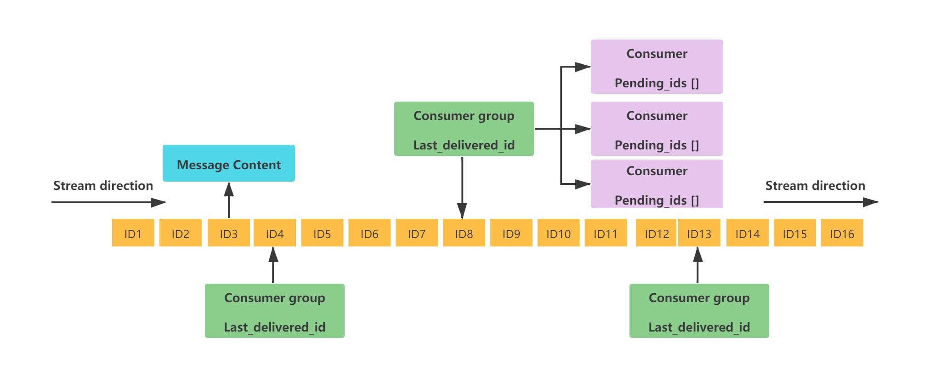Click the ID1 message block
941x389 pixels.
pyautogui.click(x=133, y=233)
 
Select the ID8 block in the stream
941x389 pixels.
pyautogui.click(x=464, y=233)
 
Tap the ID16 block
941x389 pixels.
pyautogui.click(x=842, y=233)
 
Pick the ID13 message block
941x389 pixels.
pyautogui.click(x=699, y=233)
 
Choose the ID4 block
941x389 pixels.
pyautogui.click(x=274, y=233)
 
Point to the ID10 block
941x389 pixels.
pyautogui.click(x=558, y=233)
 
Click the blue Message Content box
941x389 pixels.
pyautogui.click(x=229, y=163)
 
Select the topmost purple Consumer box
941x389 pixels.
pyautogui.click(x=657, y=67)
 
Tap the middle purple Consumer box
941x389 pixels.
pyautogui.click(x=657, y=129)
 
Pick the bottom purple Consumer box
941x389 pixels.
pyautogui.click(x=657, y=184)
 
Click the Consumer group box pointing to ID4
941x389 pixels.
pyautogui.click(x=275, y=311)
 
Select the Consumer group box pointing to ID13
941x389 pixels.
pyautogui.click(x=699, y=311)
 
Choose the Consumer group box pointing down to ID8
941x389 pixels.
pyautogui.click(x=464, y=129)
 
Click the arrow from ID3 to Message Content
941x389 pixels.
pyautogui.click(x=229, y=200)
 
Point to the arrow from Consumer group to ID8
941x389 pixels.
pyautogui.click(x=462, y=188)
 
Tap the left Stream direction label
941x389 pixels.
pyautogui.click(x=103, y=186)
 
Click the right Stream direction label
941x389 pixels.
pyautogui.click(x=815, y=186)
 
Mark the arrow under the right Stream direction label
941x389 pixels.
pyautogui.click(x=821, y=202)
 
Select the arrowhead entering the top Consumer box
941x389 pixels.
pyautogui.click(x=583, y=67)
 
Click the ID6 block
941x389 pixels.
pyautogui.click(x=369, y=233)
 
